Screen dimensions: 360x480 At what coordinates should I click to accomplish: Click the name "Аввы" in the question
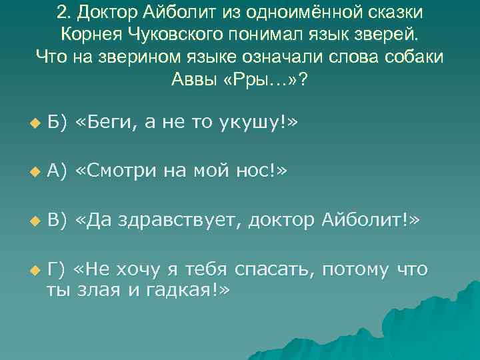[x=195, y=77]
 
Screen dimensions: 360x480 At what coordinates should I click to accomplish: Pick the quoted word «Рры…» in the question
[x=261, y=77]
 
